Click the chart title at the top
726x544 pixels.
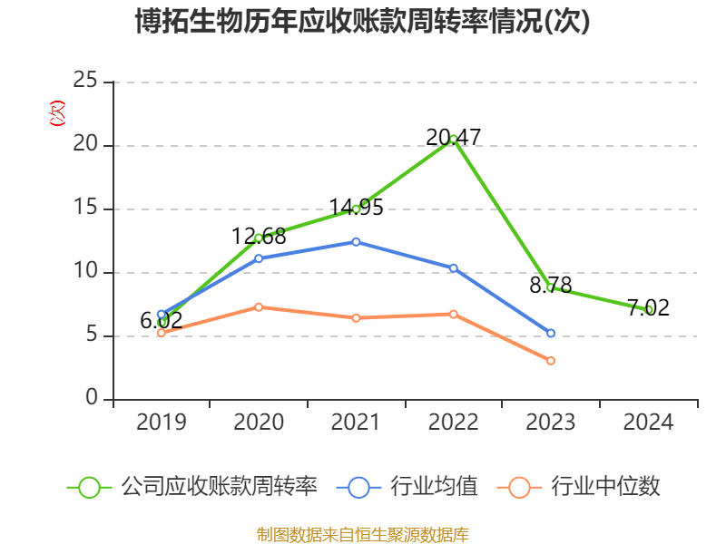[363, 22]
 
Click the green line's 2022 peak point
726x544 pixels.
[453, 139]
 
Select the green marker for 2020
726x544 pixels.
[259, 238]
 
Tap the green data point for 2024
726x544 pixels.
[648, 309]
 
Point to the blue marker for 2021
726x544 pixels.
[356, 241]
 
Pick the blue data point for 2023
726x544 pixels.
[551, 334]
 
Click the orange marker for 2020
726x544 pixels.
[259, 306]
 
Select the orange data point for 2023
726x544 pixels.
[551, 361]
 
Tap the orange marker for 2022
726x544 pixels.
[453, 314]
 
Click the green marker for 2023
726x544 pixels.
[551, 287]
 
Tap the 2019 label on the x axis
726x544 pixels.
[161, 422]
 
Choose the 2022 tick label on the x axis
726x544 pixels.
[453, 422]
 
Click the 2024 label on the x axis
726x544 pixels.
[648, 422]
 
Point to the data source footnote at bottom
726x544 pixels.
[363, 534]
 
